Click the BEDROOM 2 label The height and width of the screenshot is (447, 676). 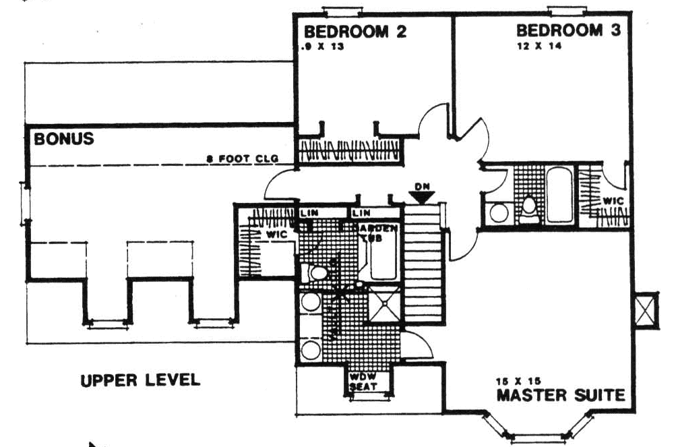(x=355, y=32)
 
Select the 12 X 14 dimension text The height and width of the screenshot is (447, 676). (x=536, y=47)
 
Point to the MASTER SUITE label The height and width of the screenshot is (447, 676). (x=560, y=394)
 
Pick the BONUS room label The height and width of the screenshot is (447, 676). (x=63, y=140)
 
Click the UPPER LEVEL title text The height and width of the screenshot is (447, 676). (x=140, y=380)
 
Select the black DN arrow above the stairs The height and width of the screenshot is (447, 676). (x=422, y=197)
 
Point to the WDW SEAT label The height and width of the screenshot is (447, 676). (x=363, y=382)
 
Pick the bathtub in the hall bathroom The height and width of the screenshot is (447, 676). (x=559, y=196)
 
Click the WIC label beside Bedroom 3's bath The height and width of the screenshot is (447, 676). (x=613, y=201)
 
